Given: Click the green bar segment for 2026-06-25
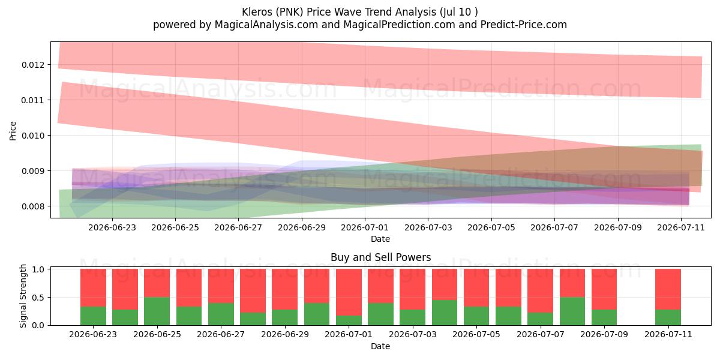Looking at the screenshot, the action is (x=157, y=311).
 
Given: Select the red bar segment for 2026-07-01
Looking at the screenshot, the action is (x=349, y=292).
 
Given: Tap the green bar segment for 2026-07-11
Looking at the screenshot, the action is (x=668, y=317).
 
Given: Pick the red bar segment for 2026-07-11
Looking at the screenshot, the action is (x=668, y=289).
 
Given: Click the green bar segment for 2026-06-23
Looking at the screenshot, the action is (x=93, y=316).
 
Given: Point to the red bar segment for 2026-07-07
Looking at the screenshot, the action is (x=541, y=291).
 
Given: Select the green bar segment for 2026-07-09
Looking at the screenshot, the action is (x=604, y=317).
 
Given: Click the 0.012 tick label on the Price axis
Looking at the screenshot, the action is (x=32, y=65).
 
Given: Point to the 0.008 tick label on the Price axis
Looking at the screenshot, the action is (x=32, y=206).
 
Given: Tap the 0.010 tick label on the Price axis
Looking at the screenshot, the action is (x=32, y=136).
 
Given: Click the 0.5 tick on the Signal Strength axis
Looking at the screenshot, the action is (x=38, y=298).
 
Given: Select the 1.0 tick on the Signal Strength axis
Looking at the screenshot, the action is (x=38, y=269).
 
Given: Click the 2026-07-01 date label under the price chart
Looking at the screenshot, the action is (x=365, y=227).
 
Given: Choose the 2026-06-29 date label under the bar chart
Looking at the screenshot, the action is (x=285, y=334).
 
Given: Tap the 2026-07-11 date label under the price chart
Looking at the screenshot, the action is (x=681, y=227).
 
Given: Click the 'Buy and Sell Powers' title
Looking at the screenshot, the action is (x=380, y=257).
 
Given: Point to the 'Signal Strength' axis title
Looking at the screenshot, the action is (x=23, y=296).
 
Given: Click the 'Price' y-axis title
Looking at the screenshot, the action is (x=13, y=131).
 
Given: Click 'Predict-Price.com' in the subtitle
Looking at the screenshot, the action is (x=524, y=25).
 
